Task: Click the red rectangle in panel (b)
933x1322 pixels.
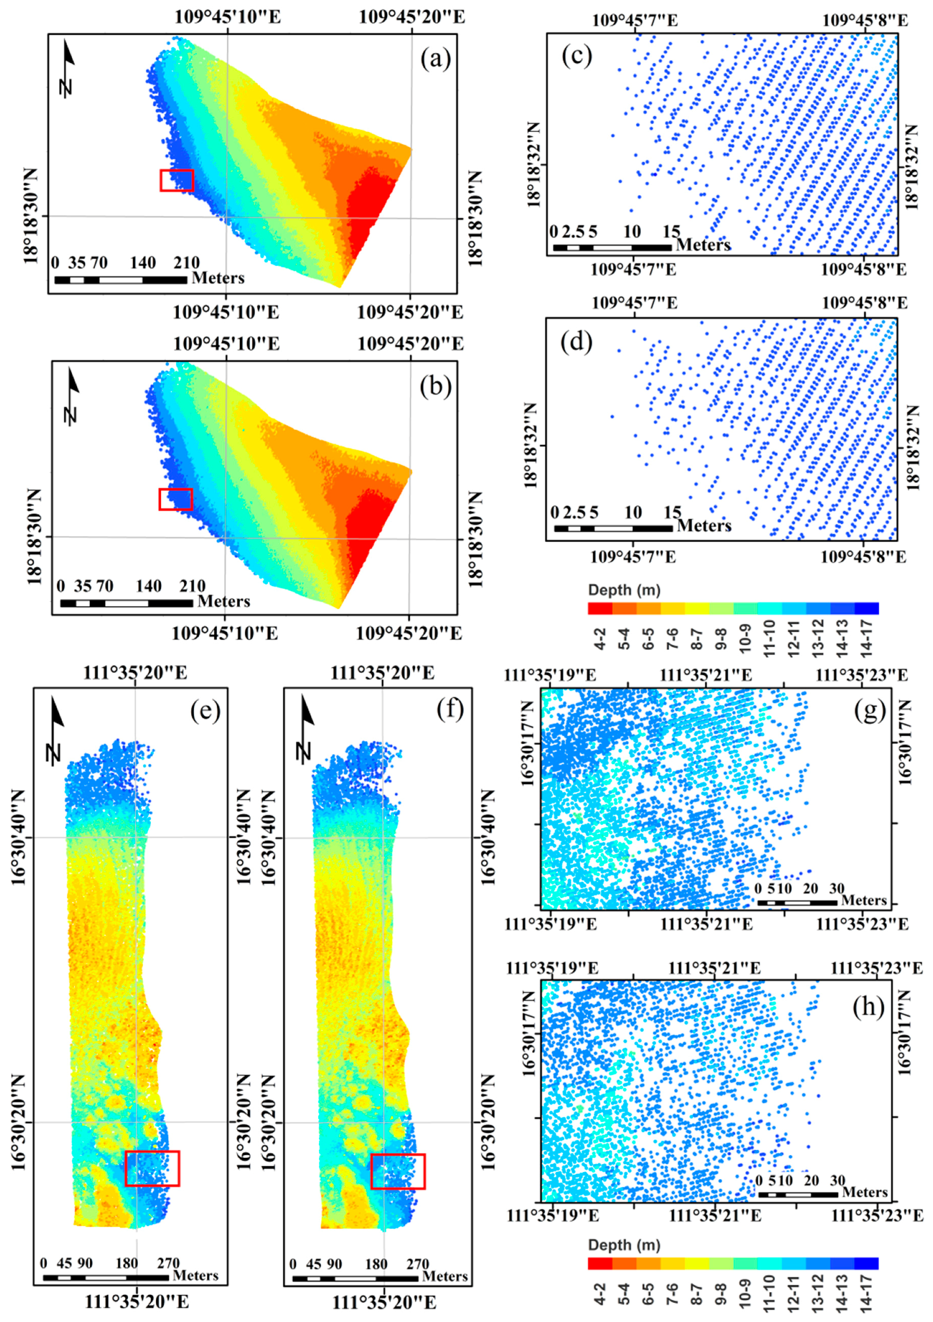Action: (x=175, y=499)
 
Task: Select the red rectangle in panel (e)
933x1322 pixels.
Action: (x=152, y=1168)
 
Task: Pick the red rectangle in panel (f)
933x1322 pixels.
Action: (x=398, y=1171)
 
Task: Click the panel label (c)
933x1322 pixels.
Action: (x=577, y=56)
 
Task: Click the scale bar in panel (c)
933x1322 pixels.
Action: (x=612, y=248)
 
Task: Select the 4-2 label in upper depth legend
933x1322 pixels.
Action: (x=599, y=639)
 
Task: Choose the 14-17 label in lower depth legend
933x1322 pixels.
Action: (x=866, y=1294)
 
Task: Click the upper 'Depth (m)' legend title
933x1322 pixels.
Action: (x=624, y=590)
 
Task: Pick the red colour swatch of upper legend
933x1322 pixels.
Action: (x=599, y=608)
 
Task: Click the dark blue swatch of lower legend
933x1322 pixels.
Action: (x=866, y=1263)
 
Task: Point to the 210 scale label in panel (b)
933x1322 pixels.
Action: (x=192, y=586)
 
